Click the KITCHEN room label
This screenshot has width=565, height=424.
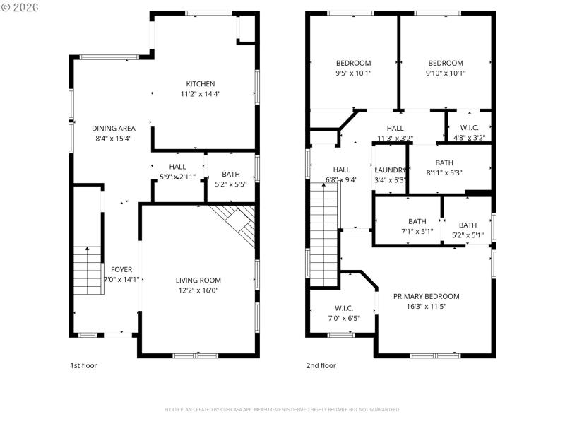click(201, 84)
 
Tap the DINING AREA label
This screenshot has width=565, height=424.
click(114, 129)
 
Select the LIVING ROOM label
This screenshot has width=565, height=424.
click(198, 281)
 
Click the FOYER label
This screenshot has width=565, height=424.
click(121, 269)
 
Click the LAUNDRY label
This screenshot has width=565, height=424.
click(391, 170)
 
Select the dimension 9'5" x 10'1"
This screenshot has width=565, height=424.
click(353, 73)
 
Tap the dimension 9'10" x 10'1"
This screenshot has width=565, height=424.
click(446, 73)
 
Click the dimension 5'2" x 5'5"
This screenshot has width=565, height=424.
click(230, 184)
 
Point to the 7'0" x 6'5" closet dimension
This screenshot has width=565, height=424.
click(343, 318)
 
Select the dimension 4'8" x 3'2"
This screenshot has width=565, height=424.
click(468, 138)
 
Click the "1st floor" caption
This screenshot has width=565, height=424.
click(83, 365)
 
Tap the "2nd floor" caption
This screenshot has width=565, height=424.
click(321, 365)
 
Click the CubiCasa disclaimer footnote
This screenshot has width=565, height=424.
click(282, 409)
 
